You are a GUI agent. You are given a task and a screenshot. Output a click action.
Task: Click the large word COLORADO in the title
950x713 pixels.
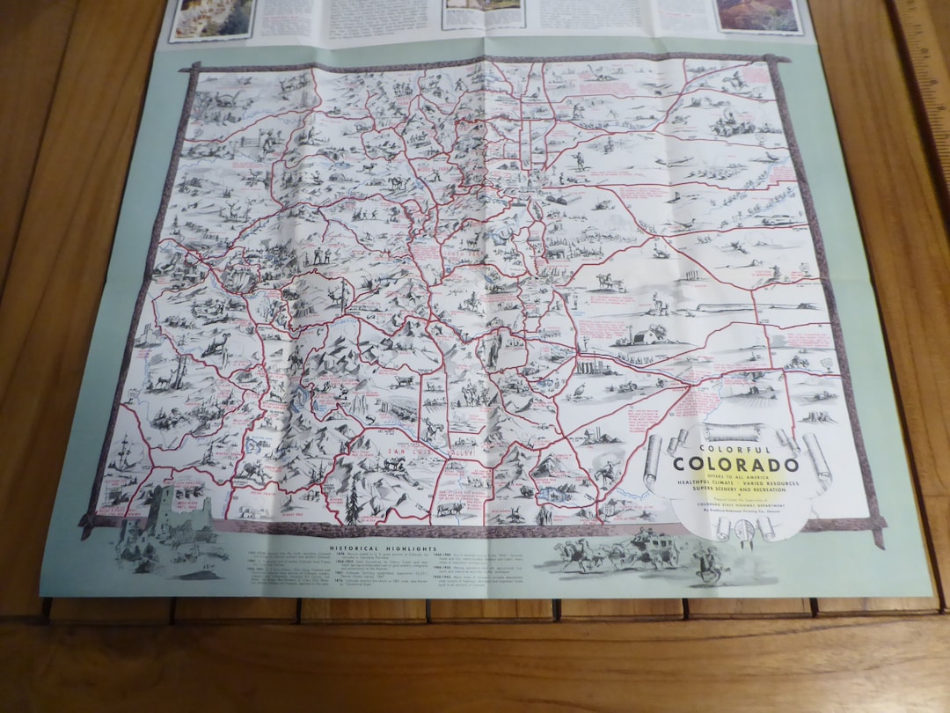(x=737, y=465)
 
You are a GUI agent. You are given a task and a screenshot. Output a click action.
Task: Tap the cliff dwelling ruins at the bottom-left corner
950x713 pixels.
(x=167, y=524)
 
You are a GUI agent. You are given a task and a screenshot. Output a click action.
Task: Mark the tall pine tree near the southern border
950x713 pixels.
(x=353, y=502)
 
